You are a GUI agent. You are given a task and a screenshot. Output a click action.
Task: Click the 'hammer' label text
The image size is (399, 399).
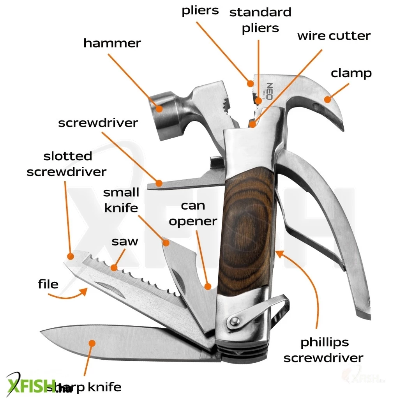pos(112,43)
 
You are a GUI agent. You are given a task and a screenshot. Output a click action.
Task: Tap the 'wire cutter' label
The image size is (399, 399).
pos(334,36)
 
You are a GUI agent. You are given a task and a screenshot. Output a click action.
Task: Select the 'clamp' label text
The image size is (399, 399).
pos(351,73)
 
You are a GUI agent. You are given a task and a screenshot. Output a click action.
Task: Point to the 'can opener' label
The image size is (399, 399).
pos(193,214)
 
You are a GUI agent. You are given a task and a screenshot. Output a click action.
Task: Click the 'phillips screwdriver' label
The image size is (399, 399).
pos(323,350)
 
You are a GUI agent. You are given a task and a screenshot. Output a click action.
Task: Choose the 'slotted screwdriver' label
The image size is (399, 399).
pos(67,164)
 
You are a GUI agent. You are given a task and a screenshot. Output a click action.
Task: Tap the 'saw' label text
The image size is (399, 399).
pos(125,241)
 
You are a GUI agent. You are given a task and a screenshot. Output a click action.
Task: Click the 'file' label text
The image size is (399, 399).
pos(48,284)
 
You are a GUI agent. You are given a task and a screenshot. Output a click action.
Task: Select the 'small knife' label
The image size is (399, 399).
pos(121,200)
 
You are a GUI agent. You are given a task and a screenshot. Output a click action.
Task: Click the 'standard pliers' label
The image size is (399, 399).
pos(260,20)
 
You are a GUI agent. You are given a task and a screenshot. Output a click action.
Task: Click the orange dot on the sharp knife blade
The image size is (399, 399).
pos(92,343)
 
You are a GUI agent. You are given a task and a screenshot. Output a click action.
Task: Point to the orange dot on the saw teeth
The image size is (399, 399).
pos(114,267)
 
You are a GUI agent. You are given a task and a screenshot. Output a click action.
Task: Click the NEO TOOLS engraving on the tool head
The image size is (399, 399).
pos(268,91)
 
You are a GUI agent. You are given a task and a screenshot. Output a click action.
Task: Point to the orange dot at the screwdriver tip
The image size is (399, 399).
pos(159,183)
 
